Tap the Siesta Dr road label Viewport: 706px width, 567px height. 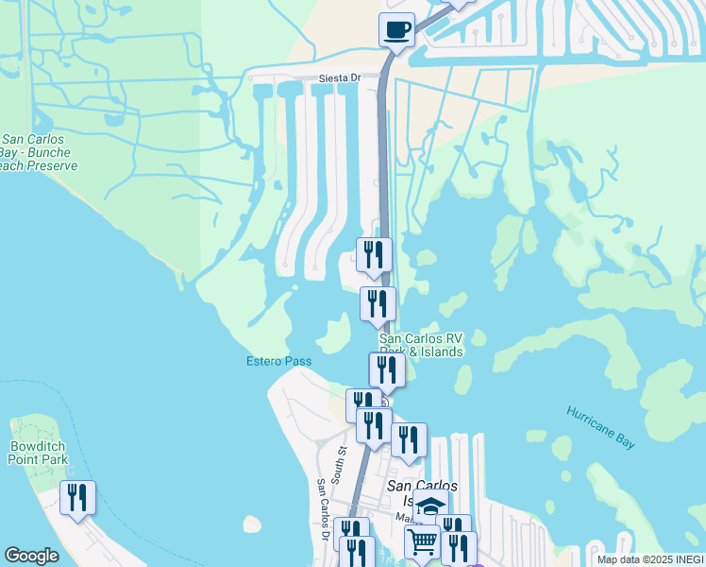tap(343, 77)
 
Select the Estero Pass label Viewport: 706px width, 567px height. tap(278, 361)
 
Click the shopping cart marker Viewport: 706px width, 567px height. tap(422, 541)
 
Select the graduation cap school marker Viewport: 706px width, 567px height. tap(431, 506)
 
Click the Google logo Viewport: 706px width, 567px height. tap(31, 556)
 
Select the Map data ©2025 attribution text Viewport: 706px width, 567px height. tap(649, 559)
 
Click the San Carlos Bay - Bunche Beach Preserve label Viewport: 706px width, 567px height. tap(38, 151)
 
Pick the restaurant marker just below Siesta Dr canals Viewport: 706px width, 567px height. tap(374, 254)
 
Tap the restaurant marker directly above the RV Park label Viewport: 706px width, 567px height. tap(378, 304)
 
